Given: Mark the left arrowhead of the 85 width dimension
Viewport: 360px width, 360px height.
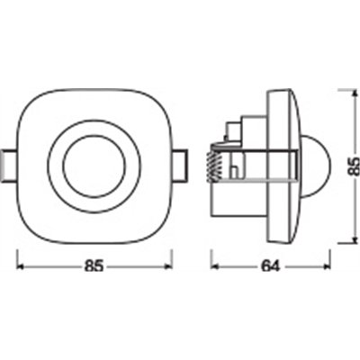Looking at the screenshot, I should tap(21, 267).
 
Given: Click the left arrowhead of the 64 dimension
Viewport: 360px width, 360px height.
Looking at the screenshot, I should tap(214, 267).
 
